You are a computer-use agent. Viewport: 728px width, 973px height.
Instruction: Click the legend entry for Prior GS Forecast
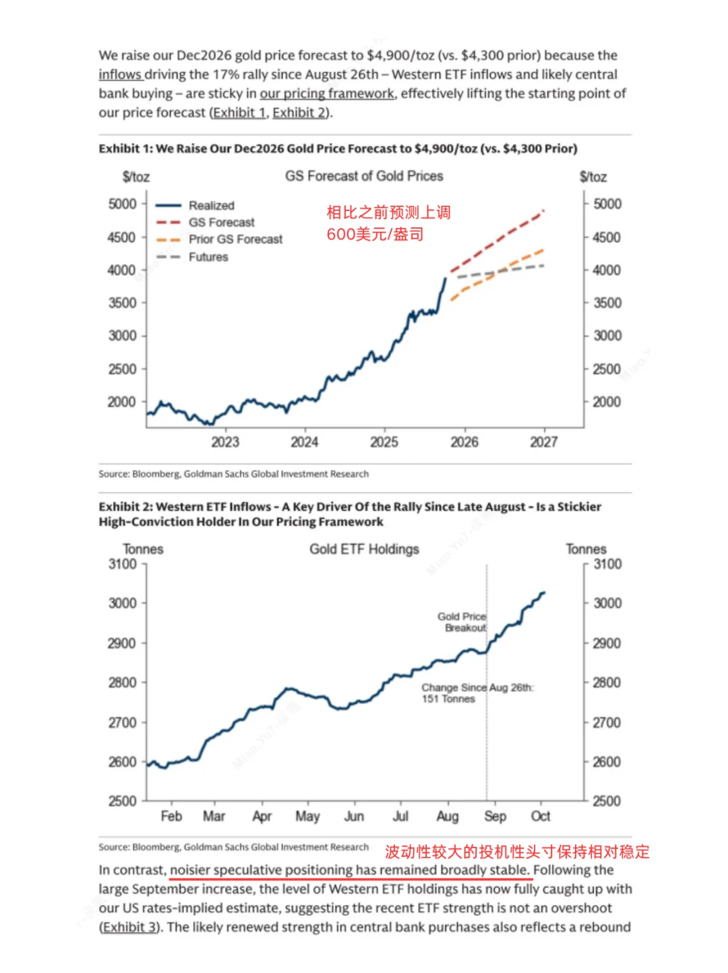(x=235, y=239)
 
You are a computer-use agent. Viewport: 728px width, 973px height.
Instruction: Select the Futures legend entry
(x=208, y=257)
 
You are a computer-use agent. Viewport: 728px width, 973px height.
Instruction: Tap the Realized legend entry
(x=211, y=206)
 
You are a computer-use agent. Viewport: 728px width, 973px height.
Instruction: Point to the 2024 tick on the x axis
(x=304, y=442)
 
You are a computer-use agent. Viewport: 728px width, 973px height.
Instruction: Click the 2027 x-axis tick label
(x=543, y=442)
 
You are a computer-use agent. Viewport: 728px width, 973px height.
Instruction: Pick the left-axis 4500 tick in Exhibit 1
(x=122, y=237)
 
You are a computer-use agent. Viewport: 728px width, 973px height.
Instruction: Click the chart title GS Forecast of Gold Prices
(x=364, y=176)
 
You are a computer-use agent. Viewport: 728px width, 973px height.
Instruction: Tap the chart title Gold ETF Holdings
(x=364, y=549)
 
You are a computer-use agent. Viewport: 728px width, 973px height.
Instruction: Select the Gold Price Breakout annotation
(x=462, y=622)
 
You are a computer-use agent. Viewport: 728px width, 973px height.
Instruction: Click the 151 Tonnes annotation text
(x=448, y=699)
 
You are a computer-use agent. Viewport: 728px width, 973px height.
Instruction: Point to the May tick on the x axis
(x=307, y=816)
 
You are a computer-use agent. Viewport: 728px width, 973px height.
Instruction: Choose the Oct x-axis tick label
(x=541, y=816)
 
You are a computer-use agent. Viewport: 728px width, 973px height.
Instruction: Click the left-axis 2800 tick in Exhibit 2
(x=122, y=682)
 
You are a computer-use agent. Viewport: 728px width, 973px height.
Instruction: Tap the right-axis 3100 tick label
(x=607, y=564)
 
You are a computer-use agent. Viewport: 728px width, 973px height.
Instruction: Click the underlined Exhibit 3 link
(x=130, y=927)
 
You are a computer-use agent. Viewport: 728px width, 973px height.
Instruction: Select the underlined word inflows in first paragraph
(x=120, y=74)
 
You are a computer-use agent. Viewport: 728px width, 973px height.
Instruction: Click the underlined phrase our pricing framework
(x=327, y=93)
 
